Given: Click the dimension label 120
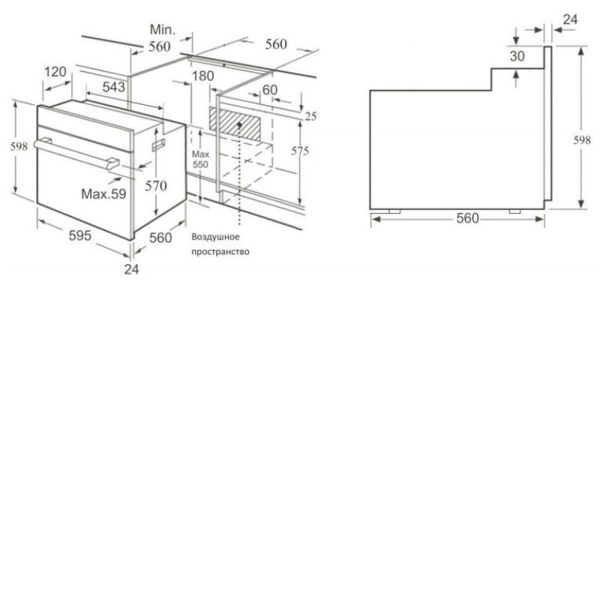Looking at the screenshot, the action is click(x=55, y=71).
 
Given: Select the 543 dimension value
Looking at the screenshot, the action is click(x=114, y=87).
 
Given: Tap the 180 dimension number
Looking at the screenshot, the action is click(x=202, y=76).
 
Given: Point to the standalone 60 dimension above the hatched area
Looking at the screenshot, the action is click(x=270, y=89).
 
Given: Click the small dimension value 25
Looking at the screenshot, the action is click(x=310, y=116).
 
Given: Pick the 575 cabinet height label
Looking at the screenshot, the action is click(x=299, y=151).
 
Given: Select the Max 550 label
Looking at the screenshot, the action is click(x=200, y=159).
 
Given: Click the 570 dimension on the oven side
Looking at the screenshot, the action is click(x=156, y=186).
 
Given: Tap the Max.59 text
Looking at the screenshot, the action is click(x=103, y=193).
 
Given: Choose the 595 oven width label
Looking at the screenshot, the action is click(x=80, y=235).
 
